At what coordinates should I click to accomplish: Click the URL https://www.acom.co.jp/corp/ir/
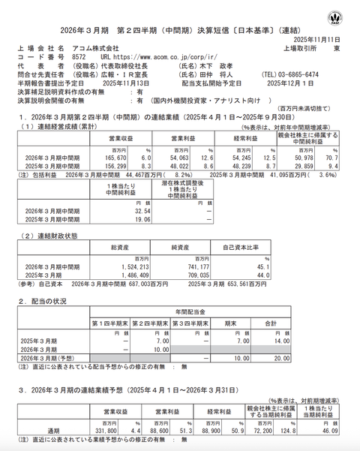(148, 56)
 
